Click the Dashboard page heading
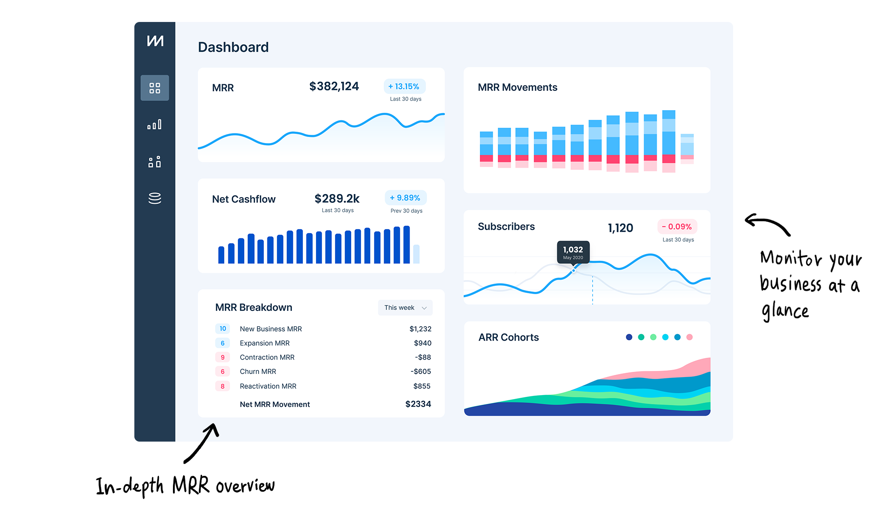[x=233, y=47]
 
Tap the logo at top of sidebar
[x=155, y=41]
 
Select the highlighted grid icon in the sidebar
[x=155, y=88]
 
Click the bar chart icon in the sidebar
[x=155, y=125]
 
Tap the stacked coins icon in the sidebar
[x=155, y=198]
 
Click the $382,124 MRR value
[x=334, y=86]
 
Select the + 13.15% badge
[x=404, y=86]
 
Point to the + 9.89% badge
[x=405, y=198]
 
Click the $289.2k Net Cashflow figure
[x=337, y=199]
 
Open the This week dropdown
[x=405, y=308]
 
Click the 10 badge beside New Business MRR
[x=223, y=329]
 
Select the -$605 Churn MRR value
[x=421, y=371]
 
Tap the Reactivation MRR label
[x=268, y=386]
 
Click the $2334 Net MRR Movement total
[x=418, y=404]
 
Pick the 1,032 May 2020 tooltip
[x=573, y=252]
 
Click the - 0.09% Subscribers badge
[x=677, y=227]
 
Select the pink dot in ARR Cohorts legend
[x=689, y=337]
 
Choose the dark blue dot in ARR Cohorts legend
[x=629, y=337]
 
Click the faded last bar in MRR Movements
[x=687, y=149]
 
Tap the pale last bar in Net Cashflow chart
[x=416, y=254]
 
